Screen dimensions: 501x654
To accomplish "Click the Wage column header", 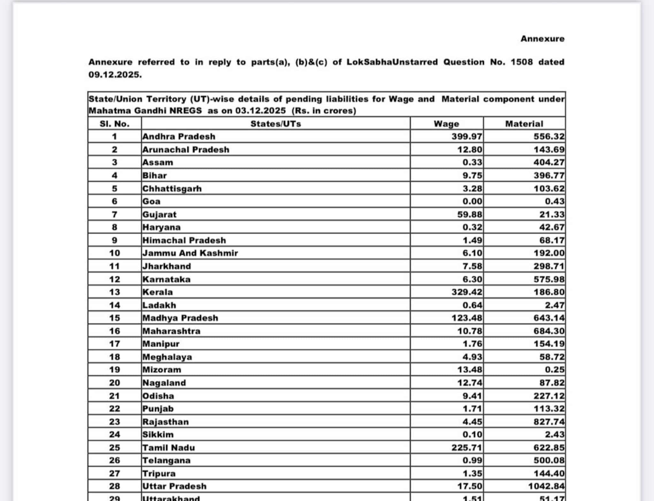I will point(446,124).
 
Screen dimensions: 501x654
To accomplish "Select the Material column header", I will point(524,124).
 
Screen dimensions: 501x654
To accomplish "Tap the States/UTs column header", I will point(276,124).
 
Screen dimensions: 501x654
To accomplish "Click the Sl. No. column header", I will point(114,124).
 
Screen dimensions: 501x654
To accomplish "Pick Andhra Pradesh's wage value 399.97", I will point(467,137).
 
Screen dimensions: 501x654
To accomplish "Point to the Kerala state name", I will point(157,292).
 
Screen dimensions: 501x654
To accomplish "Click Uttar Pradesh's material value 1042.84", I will point(546,486).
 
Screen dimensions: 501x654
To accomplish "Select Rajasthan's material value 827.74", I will point(549,421).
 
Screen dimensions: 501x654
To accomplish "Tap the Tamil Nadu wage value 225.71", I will point(467,447).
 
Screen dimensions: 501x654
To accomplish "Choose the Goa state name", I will point(151,201).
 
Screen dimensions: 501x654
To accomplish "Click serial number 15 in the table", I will point(114,318).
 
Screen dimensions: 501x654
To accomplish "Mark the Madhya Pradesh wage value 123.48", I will point(467,318).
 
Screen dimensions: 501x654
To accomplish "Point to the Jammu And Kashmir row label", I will point(190,253).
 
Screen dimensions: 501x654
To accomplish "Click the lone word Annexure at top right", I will point(542,39).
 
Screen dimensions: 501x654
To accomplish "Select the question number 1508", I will point(521,62).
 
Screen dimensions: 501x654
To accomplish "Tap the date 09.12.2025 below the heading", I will point(115,75).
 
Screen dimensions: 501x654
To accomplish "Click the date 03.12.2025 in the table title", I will point(260,111).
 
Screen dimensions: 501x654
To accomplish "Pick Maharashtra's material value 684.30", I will point(549,331).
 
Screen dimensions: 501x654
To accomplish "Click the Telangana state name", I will point(166,460).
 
